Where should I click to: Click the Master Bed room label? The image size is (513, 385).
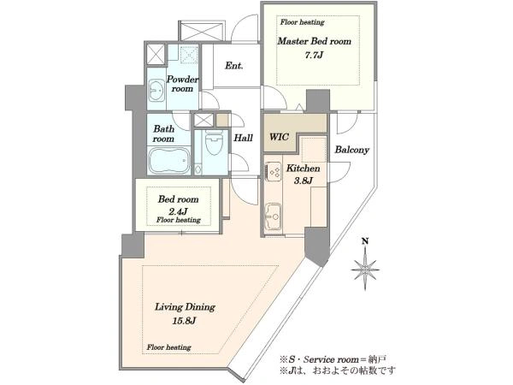(314, 42)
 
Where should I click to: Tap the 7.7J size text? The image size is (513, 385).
(314, 55)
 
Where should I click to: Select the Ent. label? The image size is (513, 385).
(234, 66)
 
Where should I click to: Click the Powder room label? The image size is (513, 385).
(183, 84)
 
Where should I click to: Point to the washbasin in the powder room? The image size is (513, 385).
(156, 91)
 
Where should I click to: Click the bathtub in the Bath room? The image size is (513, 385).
(168, 161)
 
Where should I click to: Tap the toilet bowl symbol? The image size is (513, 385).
(213, 142)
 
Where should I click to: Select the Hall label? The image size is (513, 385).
(243, 138)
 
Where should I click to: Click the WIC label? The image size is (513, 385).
(279, 137)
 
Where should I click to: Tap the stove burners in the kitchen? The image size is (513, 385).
(274, 172)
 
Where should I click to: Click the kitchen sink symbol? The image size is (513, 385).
(273, 216)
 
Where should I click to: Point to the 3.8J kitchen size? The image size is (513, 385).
(304, 181)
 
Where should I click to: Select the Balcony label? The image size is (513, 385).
(351, 150)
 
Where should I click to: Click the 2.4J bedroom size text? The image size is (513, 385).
(179, 210)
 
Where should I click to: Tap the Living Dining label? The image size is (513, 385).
(185, 307)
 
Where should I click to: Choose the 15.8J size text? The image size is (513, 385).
(184, 321)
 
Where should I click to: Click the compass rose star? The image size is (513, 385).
(365, 269)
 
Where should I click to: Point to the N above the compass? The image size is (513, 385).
(365, 241)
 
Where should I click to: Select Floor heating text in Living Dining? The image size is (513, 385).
(168, 347)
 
